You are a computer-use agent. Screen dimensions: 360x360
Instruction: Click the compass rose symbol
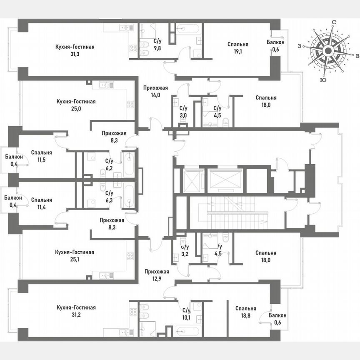click(x=328, y=51)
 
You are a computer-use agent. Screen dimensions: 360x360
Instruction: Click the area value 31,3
click(x=75, y=54)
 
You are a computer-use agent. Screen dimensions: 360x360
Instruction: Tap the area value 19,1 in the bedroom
click(x=238, y=51)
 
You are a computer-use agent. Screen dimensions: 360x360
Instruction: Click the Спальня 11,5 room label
click(x=41, y=156)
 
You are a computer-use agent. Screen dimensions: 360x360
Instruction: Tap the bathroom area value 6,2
click(x=109, y=167)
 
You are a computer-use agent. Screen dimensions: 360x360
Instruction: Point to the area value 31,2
click(x=76, y=315)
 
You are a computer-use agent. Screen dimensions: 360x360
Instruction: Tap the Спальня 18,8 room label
click(x=245, y=312)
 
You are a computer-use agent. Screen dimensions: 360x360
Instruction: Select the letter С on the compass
click(x=334, y=22)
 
